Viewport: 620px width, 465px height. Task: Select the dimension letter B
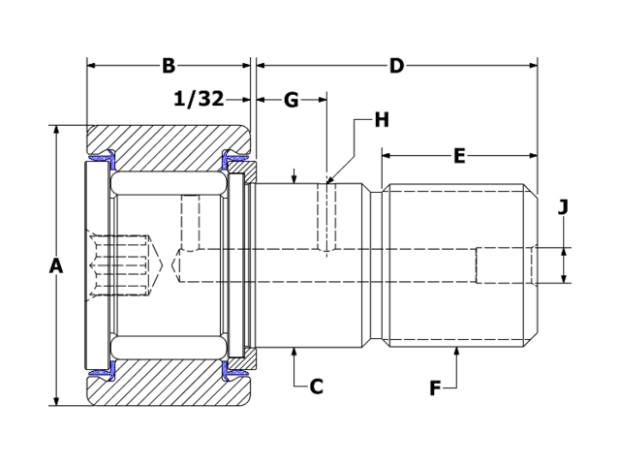168,66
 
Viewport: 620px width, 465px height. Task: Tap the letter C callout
316,387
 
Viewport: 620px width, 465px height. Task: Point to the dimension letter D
396,66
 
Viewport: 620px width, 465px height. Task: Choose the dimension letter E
459,155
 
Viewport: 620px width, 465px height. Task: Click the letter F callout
435,387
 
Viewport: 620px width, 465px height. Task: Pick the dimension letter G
291,99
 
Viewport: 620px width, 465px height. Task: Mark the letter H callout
381,120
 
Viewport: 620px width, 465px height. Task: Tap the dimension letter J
563,207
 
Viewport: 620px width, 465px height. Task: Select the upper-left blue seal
101,157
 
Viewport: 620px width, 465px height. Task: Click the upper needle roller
169,183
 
